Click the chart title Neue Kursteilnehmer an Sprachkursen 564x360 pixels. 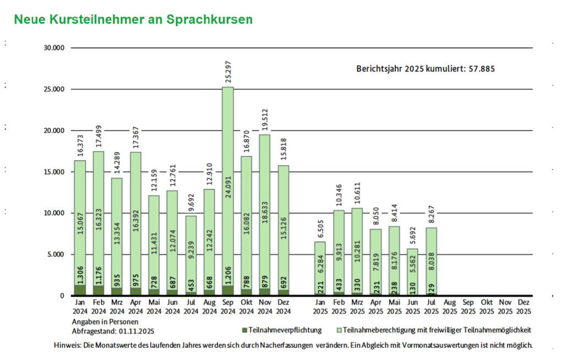pyautogui.click(x=133, y=19)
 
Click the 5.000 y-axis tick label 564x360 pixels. pyautogui.click(x=56, y=254)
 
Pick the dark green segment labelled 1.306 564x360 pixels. pyautogui.click(x=80, y=290)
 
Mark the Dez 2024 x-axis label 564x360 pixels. pyautogui.click(x=283, y=307)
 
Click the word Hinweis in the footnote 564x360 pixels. pyautogui.click(x=67, y=345)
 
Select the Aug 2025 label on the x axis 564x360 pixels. pyautogui.click(x=450, y=307)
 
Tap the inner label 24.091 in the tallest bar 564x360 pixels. pyautogui.click(x=228, y=187)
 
